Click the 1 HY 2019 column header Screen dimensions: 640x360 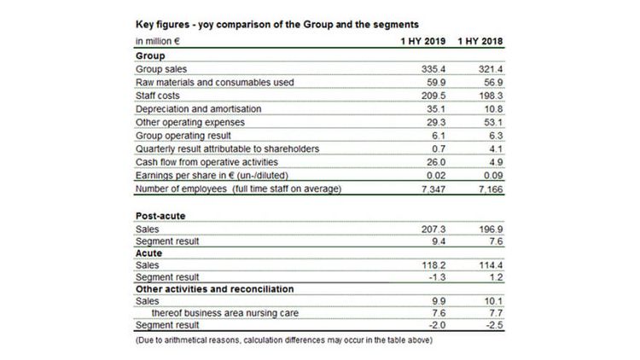(423, 41)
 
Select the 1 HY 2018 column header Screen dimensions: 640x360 (480, 41)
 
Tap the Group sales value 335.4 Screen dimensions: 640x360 (433, 69)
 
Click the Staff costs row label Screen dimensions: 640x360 (158, 96)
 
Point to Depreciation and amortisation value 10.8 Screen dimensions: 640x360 (493, 109)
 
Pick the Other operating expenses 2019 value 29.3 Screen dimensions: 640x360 (436, 123)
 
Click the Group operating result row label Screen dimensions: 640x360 (183, 136)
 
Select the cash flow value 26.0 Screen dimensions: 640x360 (436, 162)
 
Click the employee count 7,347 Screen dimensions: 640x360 (433, 189)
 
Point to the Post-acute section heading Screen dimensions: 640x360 (160, 216)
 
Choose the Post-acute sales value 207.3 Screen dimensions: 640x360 (433, 229)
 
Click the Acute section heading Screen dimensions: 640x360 (148, 253)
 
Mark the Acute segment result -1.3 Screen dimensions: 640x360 (437, 277)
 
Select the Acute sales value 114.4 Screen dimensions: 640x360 (491, 265)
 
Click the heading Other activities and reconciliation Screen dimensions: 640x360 (215, 289)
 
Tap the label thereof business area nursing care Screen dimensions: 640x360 (225, 313)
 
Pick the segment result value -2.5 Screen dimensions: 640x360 (494, 325)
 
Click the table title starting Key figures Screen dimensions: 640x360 (277, 25)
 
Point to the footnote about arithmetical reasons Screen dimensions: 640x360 (284, 340)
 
